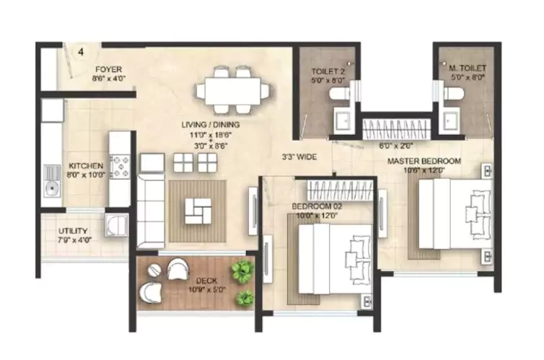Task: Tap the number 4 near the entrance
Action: coord(81,52)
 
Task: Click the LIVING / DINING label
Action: coord(211,125)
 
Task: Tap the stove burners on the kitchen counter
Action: coord(120,166)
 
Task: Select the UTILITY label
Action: coord(72,232)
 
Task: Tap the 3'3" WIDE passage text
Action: coord(297,156)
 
